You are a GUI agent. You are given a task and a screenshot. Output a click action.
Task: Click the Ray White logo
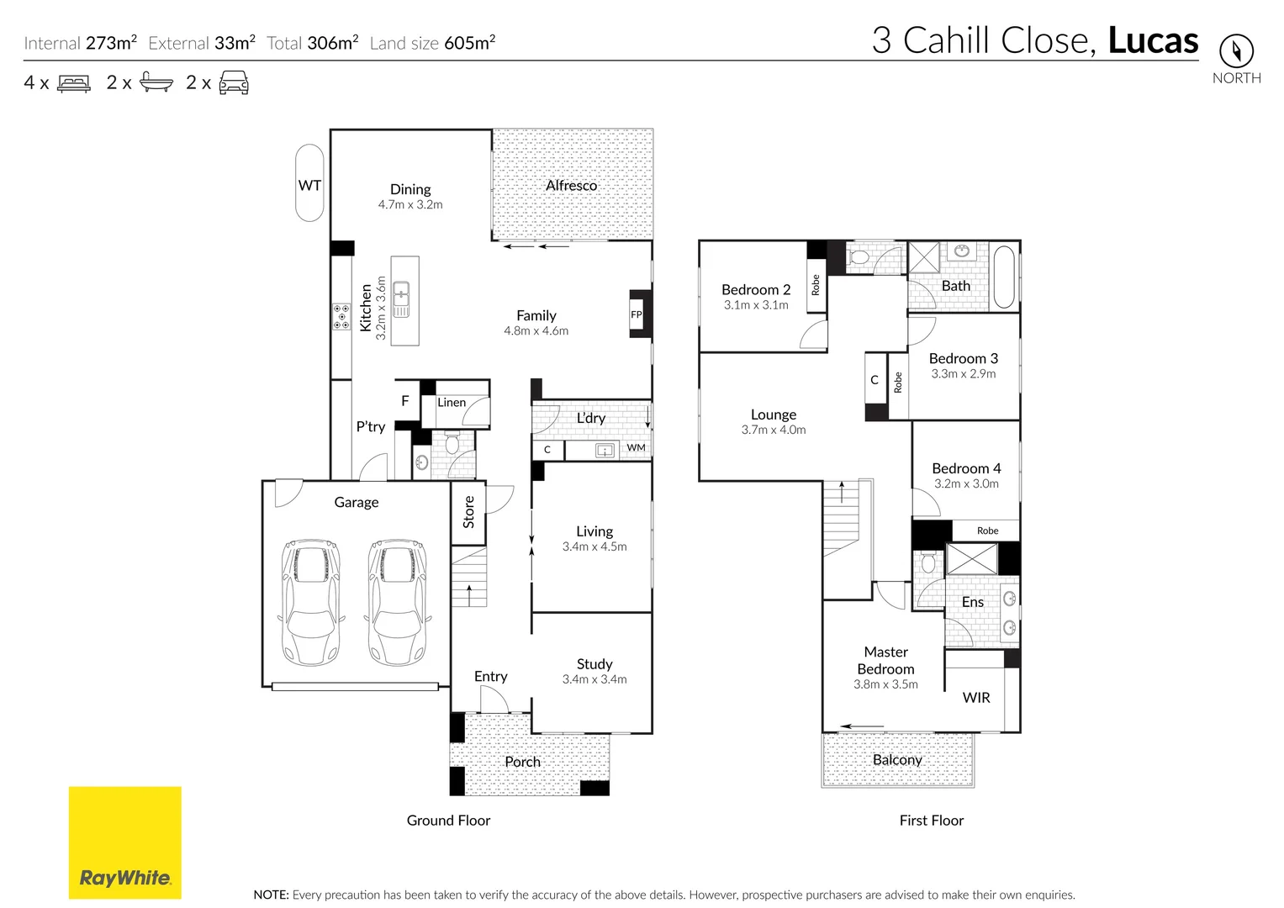coord(125,842)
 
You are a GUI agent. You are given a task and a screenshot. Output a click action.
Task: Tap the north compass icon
coord(1236,50)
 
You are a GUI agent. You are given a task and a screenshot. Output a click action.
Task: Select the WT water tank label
coord(309,185)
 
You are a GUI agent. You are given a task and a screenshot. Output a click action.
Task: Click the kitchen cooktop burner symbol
coord(341,316)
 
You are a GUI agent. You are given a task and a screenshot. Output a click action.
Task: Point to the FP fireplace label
coord(637,314)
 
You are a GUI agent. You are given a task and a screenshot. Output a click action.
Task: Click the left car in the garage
coord(310,602)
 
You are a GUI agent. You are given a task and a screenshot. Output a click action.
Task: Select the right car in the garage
coord(397,602)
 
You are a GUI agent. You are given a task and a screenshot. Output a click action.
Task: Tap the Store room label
coord(468,512)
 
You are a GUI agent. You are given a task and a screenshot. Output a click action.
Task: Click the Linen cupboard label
coord(452,403)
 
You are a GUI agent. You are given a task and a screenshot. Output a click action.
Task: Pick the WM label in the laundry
coord(637,447)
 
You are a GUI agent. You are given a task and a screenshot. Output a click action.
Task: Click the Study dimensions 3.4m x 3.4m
coord(594,679)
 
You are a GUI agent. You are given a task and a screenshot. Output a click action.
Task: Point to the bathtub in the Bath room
coord(1004,277)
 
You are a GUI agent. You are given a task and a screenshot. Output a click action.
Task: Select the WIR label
coord(976,698)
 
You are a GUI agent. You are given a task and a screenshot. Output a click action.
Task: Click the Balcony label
coord(897,760)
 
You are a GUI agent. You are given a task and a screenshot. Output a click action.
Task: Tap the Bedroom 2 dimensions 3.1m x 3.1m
coord(756,305)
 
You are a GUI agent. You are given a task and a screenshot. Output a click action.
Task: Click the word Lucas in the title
coord(1153,40)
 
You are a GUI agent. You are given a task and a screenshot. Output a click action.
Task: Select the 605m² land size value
coord(469,42)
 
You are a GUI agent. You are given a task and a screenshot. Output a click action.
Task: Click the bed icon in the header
coord(74,84)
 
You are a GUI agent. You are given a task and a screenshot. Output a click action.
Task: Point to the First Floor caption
coord(932,821)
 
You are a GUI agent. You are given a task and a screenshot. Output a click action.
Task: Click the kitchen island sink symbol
coord(401,298)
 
